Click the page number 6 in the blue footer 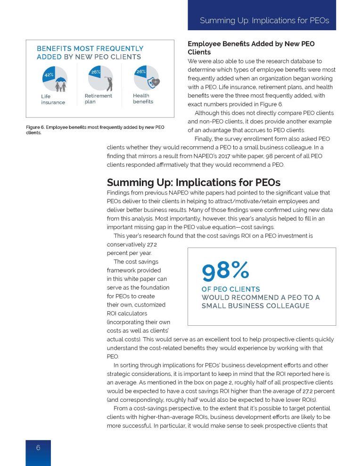click(x=38, y=448)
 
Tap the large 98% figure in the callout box click(x=225, y=271)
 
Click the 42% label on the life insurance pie click(x=48, y=75)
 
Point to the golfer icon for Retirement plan click(x=109, y=82)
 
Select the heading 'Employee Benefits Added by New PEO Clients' click(x=251, y=48)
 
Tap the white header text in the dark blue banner click(x=264, y=21)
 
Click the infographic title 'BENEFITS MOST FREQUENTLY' click(x=90, y=48)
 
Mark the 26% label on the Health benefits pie click(x=140, y=72)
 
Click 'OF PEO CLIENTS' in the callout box click(x=230, y=289)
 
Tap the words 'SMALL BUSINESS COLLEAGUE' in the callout click(x=255, y=306)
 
